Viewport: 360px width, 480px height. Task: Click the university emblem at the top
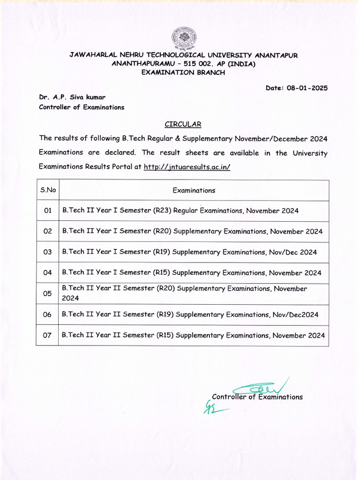[184, 39]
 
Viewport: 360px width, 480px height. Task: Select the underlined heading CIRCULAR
[183, 124]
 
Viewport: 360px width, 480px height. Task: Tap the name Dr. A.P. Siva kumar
[72, 97]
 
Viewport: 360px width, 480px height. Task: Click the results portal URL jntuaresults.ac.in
[187, 167]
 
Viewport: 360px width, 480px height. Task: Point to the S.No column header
[48, 190]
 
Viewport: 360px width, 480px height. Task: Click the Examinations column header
[194, 190]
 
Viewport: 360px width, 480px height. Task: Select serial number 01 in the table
[47, 211]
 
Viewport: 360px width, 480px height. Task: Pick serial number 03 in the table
[47, 252]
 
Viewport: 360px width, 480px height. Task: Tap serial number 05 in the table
[47, 294]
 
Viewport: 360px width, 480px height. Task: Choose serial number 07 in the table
[47, 336]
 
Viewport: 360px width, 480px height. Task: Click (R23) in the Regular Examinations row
[162, 211]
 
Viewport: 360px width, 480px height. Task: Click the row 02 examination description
[192, 232]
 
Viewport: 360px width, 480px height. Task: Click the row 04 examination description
[192, 273]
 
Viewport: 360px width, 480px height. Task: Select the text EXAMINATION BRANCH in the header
[183, 72]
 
